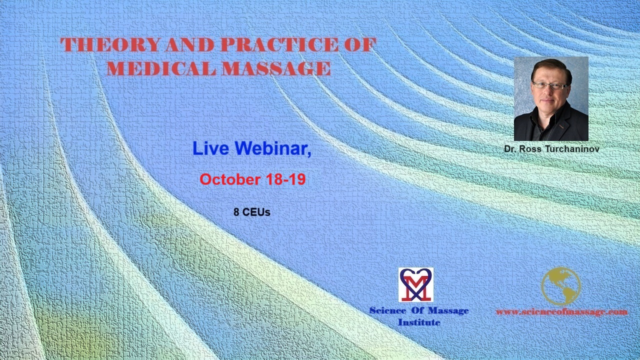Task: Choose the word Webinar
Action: (x=273, y=149)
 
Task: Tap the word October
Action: (x=230, y=179)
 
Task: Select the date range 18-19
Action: (x=285, y=179)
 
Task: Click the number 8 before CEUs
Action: (x=236, y=212)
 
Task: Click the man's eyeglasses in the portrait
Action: (x=550, y=85)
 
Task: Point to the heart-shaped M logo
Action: (x=415, y=285)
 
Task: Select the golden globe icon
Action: (x=561, y=286)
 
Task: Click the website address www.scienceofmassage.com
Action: (x=561, y=311)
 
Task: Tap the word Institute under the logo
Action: (x=419, y=322)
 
